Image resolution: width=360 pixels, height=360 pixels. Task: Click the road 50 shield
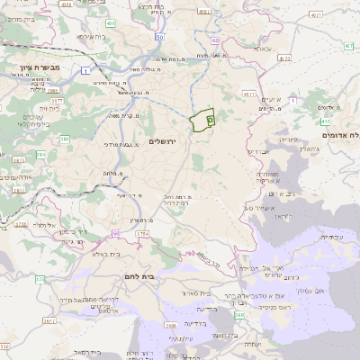(158, 38)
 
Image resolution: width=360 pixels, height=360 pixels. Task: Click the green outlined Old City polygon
(203, 119)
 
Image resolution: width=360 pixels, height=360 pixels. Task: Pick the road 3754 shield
(141, 233)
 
